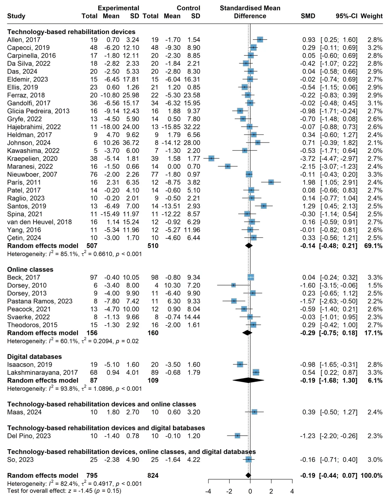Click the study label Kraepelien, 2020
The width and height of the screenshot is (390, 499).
pos(32,159)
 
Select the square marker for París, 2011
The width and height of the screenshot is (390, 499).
pos(271,183)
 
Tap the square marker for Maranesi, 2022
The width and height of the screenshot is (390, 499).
pos(227,167)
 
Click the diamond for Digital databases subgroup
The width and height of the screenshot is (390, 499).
pos(248,380)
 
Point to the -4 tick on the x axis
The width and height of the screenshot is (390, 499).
pos(208,482)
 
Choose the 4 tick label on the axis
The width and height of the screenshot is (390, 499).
pos(292,491)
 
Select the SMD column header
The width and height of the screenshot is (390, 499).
pos(308,16)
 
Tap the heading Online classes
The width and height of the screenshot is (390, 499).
pos(30,270)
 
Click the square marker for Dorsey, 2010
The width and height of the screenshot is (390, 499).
pos(233,285)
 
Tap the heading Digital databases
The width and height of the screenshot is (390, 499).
pos(34,356)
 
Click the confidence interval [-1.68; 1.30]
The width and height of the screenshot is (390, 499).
pos(338,380)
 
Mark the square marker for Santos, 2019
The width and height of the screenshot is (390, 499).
pos(264,206)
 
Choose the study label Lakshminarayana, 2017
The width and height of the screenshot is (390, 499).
pos(42,372)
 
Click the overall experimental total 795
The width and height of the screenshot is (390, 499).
pos(92,476)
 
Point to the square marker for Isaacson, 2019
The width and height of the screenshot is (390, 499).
pos(240,364)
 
